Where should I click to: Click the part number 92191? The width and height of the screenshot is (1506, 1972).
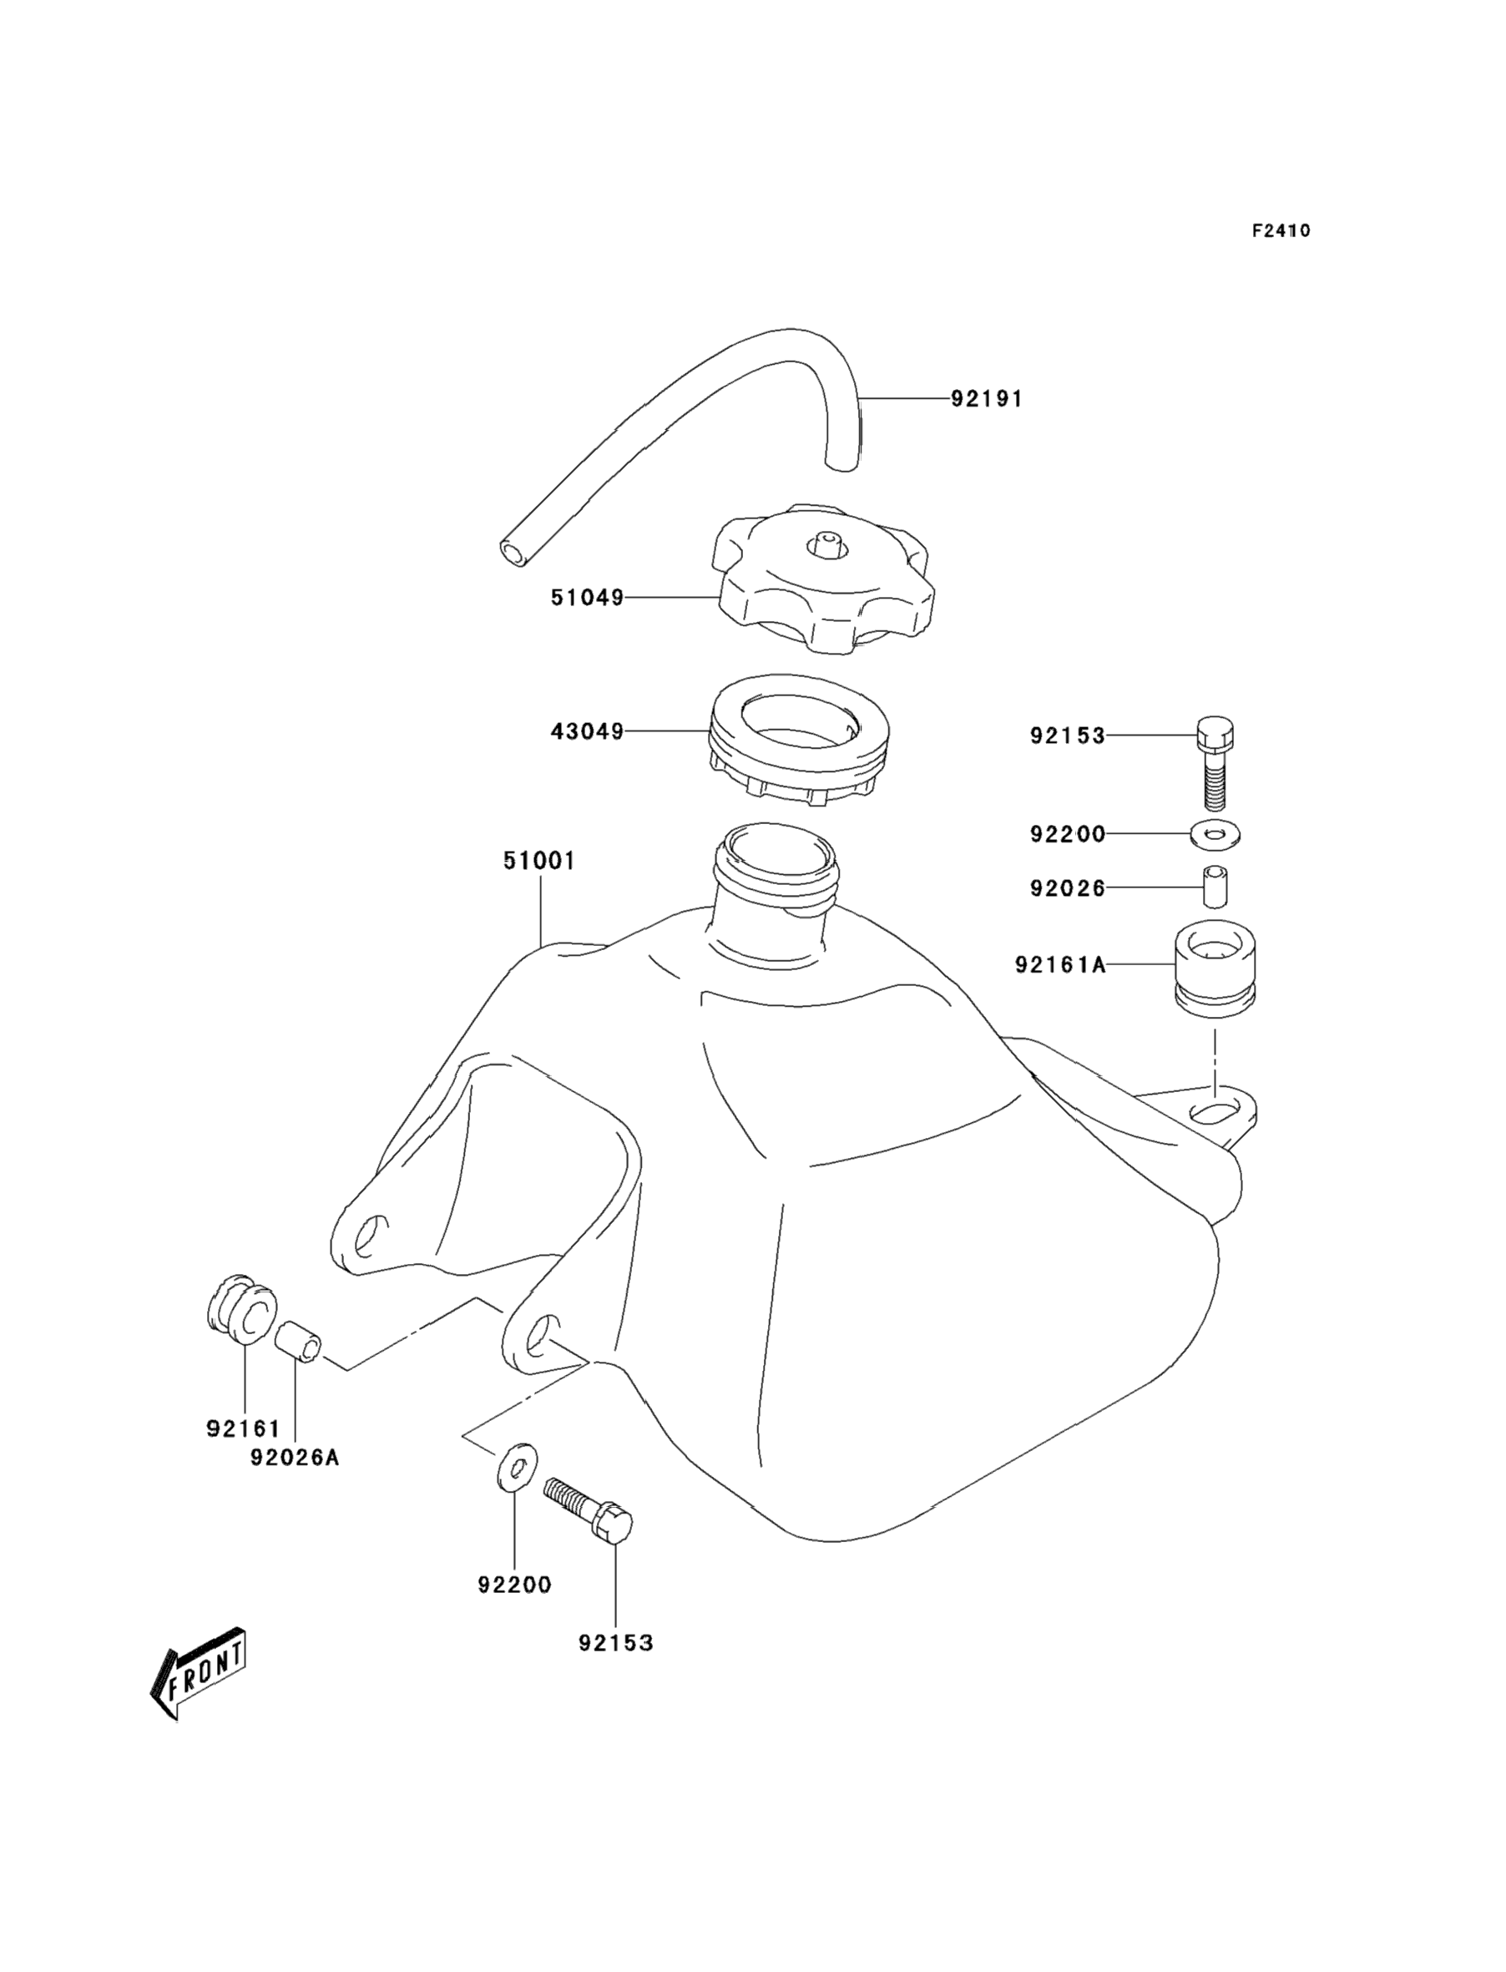coord(986,399)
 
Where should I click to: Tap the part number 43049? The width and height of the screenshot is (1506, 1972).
coord(586,731)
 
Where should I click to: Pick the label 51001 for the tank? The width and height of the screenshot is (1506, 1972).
coord(538,862)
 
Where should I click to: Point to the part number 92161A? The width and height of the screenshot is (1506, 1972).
coord(1060,964)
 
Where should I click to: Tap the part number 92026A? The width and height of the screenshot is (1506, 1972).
coord(295,1458)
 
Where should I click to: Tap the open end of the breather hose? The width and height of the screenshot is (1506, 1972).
coord(513,551)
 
